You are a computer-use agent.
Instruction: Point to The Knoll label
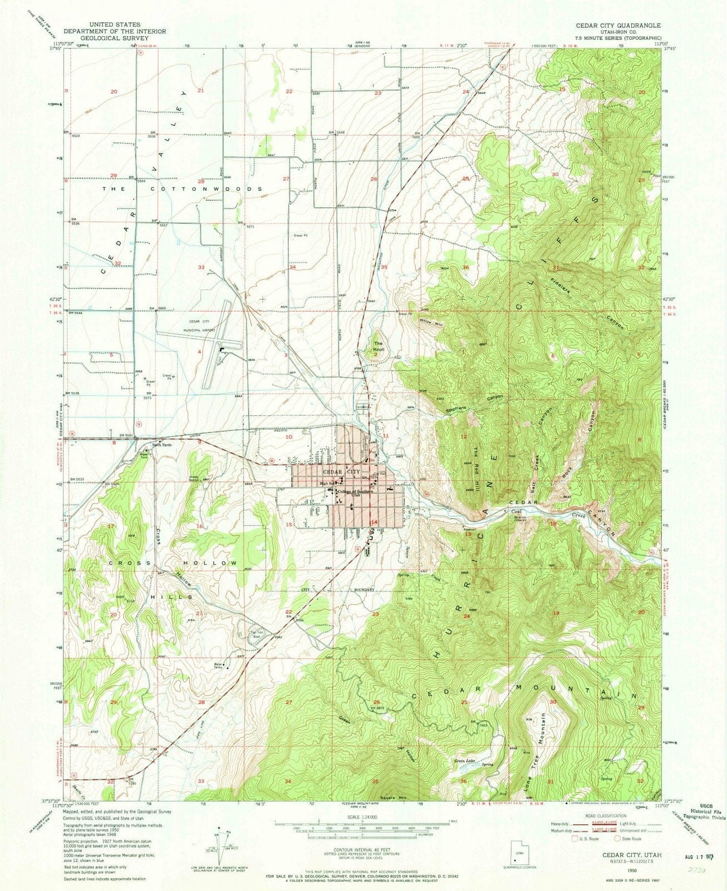tap(379, 346)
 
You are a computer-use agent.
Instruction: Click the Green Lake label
tap(465, 760)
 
